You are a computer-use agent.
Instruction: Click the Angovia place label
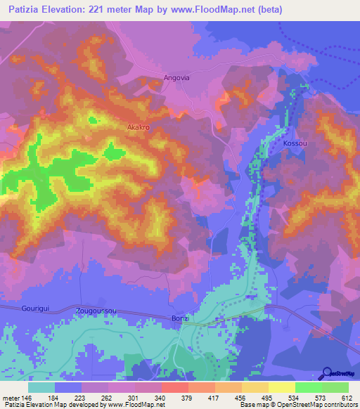pyautogui.click(x=176, y=78)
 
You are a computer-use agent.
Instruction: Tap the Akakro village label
pyautogui.click(x=139, y=127)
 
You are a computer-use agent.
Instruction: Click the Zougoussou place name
pyautogui.click(x=97, y=309)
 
